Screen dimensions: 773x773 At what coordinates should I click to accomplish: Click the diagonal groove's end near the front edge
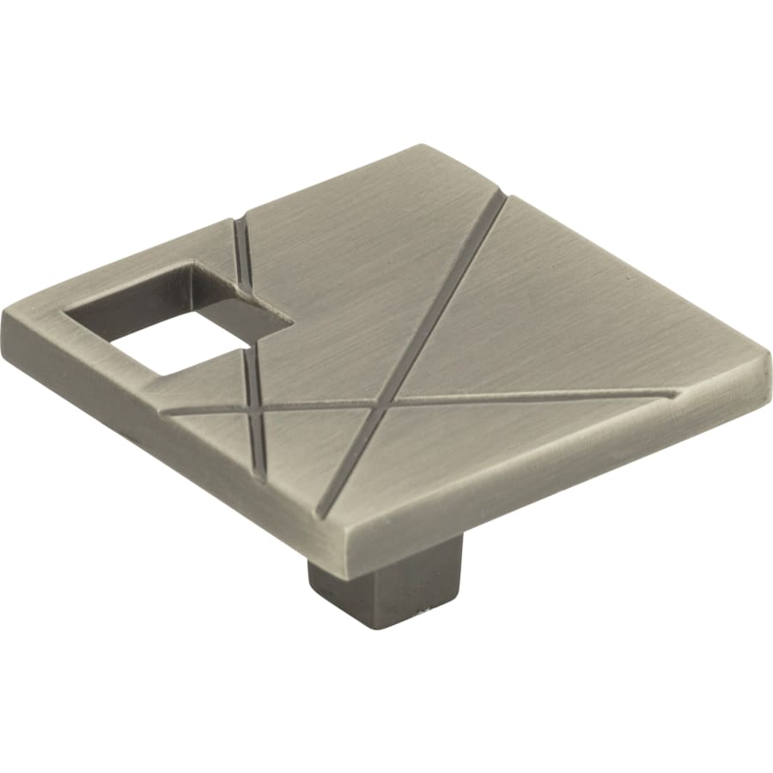click(320, 515)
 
